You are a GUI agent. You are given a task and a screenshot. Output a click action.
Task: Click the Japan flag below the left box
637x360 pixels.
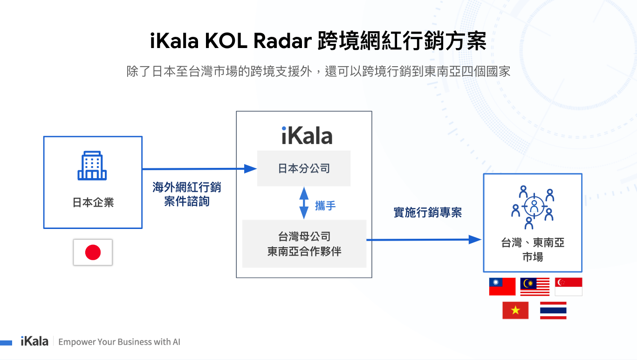point(93,252)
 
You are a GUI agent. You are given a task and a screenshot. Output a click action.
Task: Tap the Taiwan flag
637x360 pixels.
point(502,286)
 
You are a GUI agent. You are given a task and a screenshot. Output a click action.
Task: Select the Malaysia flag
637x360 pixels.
point(534,286)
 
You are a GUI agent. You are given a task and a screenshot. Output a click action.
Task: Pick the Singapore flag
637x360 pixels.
point(568,286)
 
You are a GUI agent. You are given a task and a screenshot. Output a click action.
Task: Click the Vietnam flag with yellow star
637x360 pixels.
point(515,310)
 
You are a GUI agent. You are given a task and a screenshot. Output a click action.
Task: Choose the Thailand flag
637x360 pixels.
point(553,310)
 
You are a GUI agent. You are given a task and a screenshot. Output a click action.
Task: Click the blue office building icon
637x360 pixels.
point(92,166)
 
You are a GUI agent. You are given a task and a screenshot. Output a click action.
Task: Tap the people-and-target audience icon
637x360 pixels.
point(532,207)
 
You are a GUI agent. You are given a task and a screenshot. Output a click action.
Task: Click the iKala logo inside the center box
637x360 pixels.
point(307,135)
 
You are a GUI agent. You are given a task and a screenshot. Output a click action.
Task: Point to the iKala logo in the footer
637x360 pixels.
point(34,341)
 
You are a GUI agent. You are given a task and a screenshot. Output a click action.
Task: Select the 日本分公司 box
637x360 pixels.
point(304,168)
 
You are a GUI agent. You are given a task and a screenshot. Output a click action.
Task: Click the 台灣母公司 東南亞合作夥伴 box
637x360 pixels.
point(304,244)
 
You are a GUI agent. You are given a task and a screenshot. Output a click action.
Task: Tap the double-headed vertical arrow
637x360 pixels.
point(304,203)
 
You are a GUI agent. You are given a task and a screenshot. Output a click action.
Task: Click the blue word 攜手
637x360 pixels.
point(325,206)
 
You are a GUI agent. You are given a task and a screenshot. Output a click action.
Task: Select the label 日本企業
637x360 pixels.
point(93,202)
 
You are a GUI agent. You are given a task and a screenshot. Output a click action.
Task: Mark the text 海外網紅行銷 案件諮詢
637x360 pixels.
point(187,194)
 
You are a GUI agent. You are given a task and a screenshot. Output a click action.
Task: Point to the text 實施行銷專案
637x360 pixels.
point(427,213)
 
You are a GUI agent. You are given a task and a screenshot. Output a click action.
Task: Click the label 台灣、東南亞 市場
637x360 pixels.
point(532,249)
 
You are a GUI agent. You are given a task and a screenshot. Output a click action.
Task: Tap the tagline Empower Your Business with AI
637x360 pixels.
point(119,342)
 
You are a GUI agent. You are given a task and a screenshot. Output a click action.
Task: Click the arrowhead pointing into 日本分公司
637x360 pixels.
point(251,169)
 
